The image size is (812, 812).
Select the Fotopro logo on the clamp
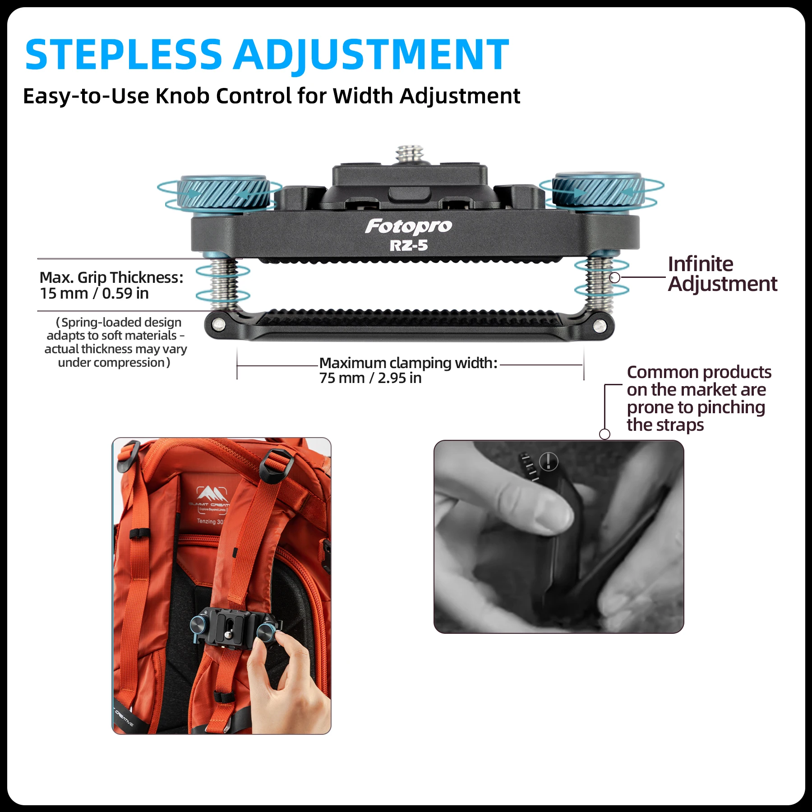tap(408, 226)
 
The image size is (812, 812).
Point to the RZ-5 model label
tap(408, 246)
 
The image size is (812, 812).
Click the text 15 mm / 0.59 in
tap(94, 294)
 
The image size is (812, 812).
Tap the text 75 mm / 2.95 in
tap(370, 378)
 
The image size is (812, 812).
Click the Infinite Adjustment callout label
tap(722, 274)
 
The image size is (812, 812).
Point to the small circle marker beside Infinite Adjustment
tap(614, 277)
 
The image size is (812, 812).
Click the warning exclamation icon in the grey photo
tap(549, 461)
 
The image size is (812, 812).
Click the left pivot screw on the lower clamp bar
tap(219, 324)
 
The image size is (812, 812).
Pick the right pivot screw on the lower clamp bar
tap(600, 326)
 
